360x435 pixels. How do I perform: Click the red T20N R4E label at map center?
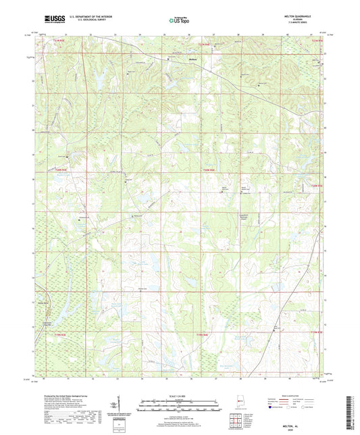209,169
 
